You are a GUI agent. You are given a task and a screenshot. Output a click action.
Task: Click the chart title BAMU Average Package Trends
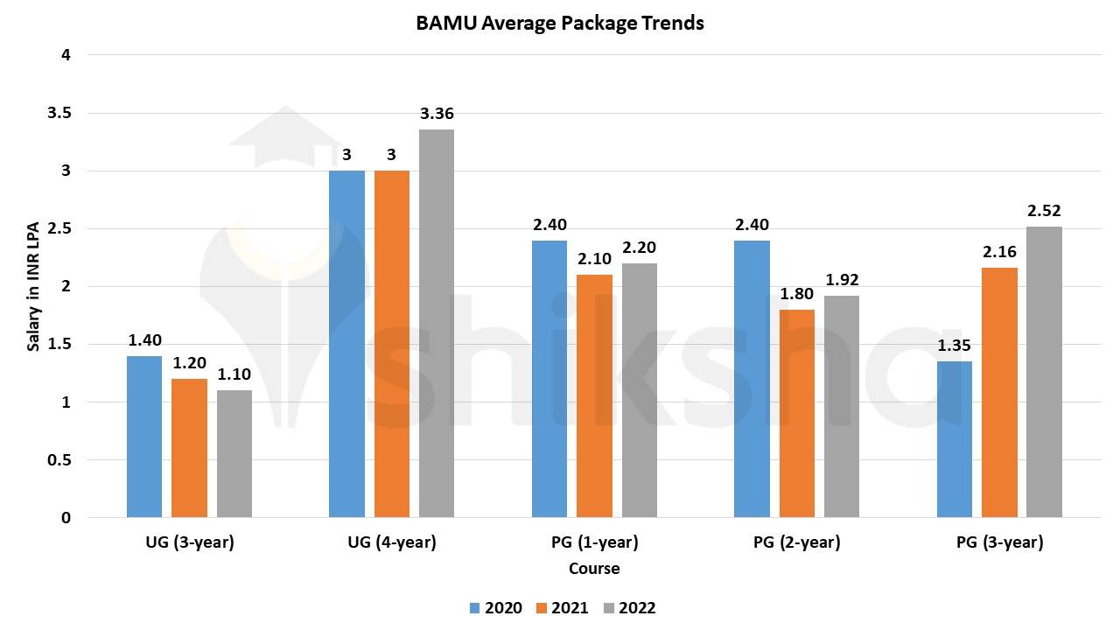560,24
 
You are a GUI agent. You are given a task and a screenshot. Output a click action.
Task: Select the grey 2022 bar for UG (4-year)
437,323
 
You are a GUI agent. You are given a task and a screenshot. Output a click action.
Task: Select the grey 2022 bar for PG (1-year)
640,389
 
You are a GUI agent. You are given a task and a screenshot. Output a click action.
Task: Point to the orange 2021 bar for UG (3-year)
189,447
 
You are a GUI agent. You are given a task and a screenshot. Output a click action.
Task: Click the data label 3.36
437,114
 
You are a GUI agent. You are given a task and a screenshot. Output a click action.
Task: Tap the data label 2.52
1044,211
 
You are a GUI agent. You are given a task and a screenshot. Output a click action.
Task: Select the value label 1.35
955,346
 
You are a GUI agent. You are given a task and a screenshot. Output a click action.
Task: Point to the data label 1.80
796,294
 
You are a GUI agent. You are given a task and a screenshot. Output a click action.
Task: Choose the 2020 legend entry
496,608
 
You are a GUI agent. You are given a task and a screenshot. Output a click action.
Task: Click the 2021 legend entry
562,608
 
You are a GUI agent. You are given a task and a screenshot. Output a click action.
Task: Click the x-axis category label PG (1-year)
594,542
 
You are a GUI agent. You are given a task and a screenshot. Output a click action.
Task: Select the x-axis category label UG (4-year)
392,542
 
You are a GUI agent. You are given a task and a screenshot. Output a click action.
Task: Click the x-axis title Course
594,569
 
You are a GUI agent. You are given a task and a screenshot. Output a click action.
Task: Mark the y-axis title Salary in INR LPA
34,286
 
